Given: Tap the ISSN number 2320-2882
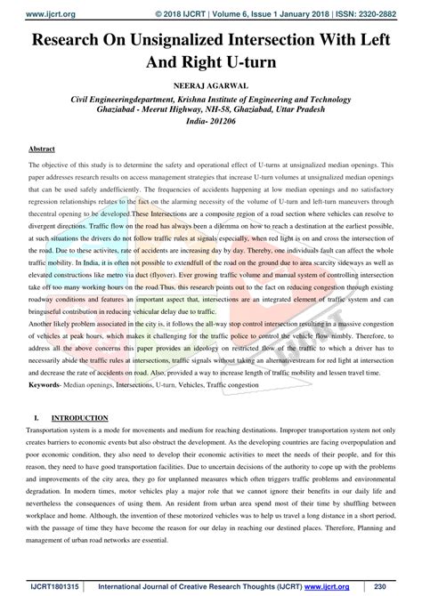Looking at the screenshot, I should [391, 6].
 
